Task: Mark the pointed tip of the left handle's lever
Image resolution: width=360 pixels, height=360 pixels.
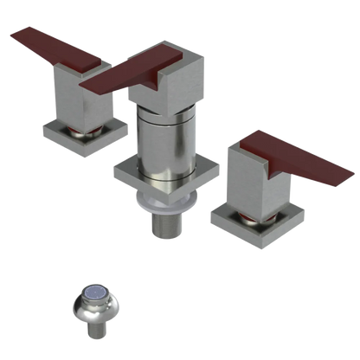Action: (x=10, y=35)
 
